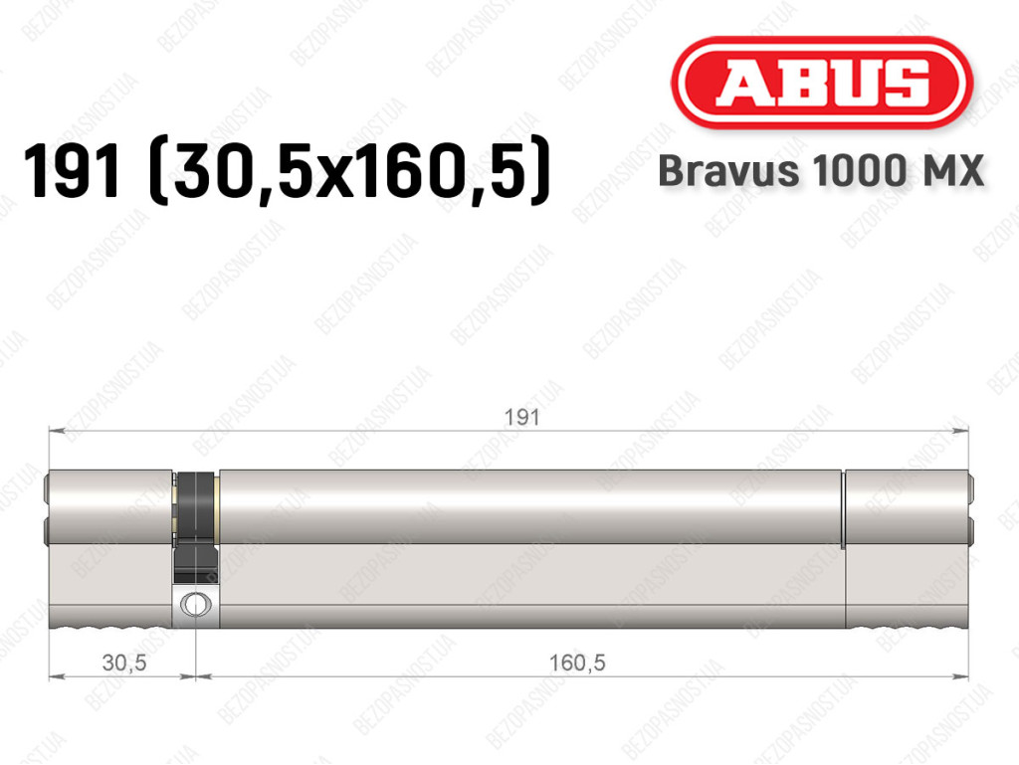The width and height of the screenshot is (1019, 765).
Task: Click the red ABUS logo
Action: pos(821,83)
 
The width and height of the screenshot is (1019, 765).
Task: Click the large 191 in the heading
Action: pos(72,171)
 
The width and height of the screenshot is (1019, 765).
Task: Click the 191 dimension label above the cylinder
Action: pos(521,417)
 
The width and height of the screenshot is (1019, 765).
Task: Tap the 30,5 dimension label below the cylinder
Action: pos(124,663)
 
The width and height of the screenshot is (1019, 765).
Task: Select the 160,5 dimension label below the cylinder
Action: pos(577,663)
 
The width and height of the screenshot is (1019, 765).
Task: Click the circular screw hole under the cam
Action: pos(195,605)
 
